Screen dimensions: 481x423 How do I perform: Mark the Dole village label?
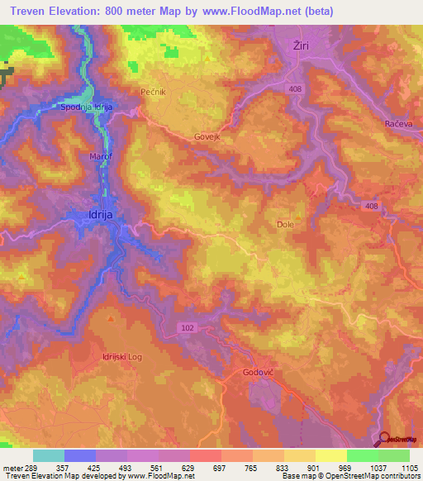[x=285, y=224]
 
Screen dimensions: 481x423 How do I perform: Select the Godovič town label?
[x=256, y=373]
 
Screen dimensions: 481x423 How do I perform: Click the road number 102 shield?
[x=188, y=328]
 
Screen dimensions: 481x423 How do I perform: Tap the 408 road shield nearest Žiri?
[x=295, y=88]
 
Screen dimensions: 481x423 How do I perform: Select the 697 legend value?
[x=220, y=467]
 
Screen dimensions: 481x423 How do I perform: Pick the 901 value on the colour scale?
[x=315, y=467]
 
